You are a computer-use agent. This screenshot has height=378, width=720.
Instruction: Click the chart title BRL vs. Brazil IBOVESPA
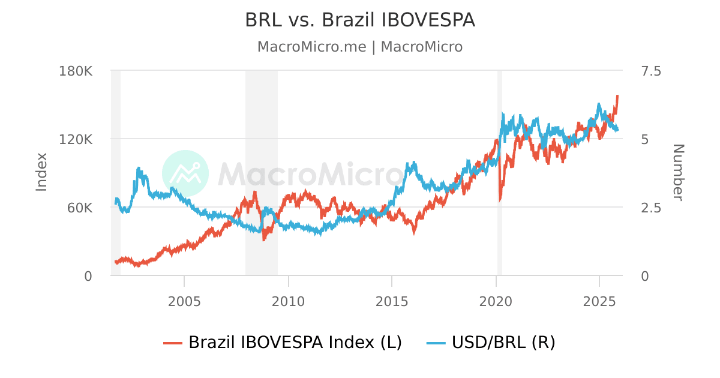pyautogui.click(x=360, y=20)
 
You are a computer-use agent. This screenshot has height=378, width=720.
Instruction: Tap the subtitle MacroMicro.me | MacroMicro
pyautogui.click(x=360, y=47)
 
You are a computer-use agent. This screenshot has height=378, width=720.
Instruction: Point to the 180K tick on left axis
pyautogui.click(x=76, y=71)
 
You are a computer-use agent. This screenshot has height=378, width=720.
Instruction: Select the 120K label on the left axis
pyautogui.click(x=76, y=139)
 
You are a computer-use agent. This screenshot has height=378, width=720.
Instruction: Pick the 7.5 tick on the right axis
pyautogui.click(x=651, y=71)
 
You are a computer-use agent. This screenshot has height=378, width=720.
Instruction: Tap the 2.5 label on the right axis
pyautogui.click(x=651, y=208)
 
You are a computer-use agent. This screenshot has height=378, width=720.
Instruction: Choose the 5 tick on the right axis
pyautogui.click(x=646, y=139)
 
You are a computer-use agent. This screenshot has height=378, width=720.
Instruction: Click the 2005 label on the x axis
pyautogui.click(x=184, y=299)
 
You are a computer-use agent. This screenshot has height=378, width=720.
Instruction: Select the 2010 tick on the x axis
pyautogui.click(x=288, y=299)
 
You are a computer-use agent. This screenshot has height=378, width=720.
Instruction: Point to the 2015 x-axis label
pyautogui.click(x=392, y=299)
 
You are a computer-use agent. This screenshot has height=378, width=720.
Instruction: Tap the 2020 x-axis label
pyautogui.click(x=496, y=299)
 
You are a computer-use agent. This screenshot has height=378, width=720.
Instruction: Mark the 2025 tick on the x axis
pyautogui.click(x=599, y=299)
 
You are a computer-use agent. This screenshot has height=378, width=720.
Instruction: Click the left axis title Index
pyautogui.click(x=41, y=172)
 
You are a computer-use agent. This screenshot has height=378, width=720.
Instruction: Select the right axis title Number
pyautogui.click(x=678, y=172)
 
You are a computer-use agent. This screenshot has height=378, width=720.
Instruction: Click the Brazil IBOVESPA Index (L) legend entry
pyautogui.click(x=283, y=343)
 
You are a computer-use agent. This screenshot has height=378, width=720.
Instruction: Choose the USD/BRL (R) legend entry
pyautogui.click(x=491, y=343)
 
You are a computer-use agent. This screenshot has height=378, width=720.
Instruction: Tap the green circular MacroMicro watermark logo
pyautogui.click(x=185, y=173)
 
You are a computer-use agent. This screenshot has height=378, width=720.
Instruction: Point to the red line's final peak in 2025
pyautogui.click(x=617, y=95)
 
